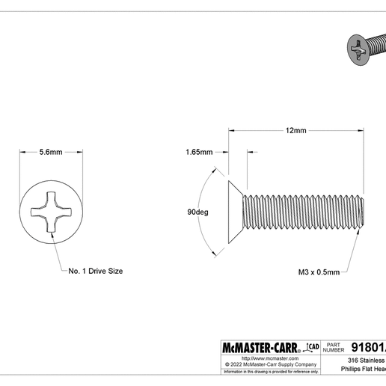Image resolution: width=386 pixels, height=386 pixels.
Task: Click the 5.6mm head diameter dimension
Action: pos(50,152)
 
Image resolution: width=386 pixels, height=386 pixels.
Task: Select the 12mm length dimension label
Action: pos(295,131)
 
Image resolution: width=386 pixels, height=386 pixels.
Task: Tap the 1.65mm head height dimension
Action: pos(199,152)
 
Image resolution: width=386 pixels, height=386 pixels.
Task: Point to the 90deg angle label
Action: pos(197,212)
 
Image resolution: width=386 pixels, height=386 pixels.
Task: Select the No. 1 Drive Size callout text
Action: pos(96,271)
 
